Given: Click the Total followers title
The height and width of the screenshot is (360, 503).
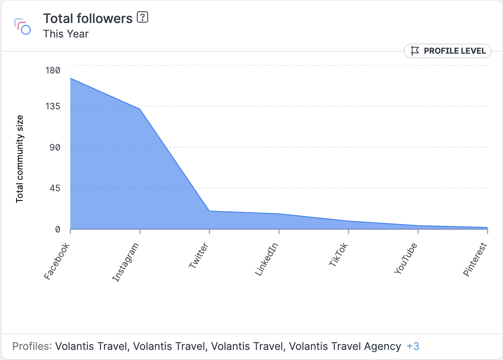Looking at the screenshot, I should pos(88,19).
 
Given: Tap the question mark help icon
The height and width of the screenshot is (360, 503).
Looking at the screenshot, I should pos(143,17).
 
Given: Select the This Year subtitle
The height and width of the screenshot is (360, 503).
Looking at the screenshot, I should pos(66,34).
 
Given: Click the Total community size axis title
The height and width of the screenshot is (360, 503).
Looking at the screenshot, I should pos(20,159).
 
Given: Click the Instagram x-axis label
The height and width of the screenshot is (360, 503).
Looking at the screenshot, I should pos(126,262).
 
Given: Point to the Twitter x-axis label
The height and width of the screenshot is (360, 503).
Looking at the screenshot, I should pos(198,256).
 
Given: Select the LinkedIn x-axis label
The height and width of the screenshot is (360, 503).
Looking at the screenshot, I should pos(267,260).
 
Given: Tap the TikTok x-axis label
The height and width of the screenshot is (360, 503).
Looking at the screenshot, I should pos(338,255).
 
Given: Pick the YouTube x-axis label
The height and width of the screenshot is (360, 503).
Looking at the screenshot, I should pos(405,259).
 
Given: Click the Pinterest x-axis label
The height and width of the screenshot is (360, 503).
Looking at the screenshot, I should pos(476,260).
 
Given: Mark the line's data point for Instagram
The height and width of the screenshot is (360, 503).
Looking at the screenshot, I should pos(140,109).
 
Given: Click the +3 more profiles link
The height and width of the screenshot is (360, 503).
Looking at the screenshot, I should pos(413,346).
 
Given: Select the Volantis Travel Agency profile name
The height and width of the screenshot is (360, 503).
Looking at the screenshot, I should pos(345,346).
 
